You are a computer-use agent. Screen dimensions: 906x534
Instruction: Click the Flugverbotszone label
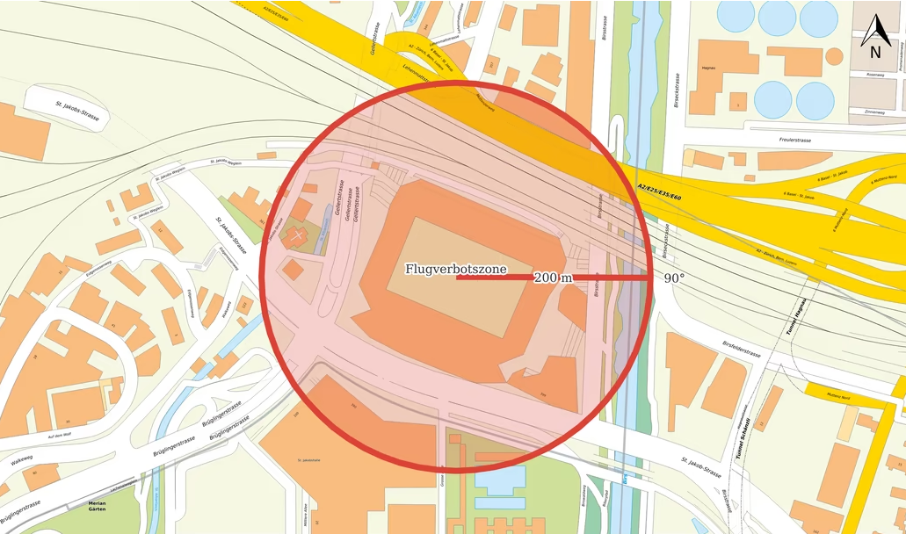click(455, 270)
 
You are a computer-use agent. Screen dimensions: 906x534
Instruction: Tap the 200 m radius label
click(553, 278)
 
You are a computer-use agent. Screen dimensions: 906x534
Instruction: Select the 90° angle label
click(674, 278)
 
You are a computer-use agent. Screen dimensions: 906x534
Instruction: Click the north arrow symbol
click(875, 36)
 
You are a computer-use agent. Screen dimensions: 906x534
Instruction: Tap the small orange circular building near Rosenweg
click(834, 57)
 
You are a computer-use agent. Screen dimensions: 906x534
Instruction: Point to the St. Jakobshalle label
click(308, 459)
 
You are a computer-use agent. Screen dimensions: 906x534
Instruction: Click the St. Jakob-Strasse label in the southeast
click(701, 468)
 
